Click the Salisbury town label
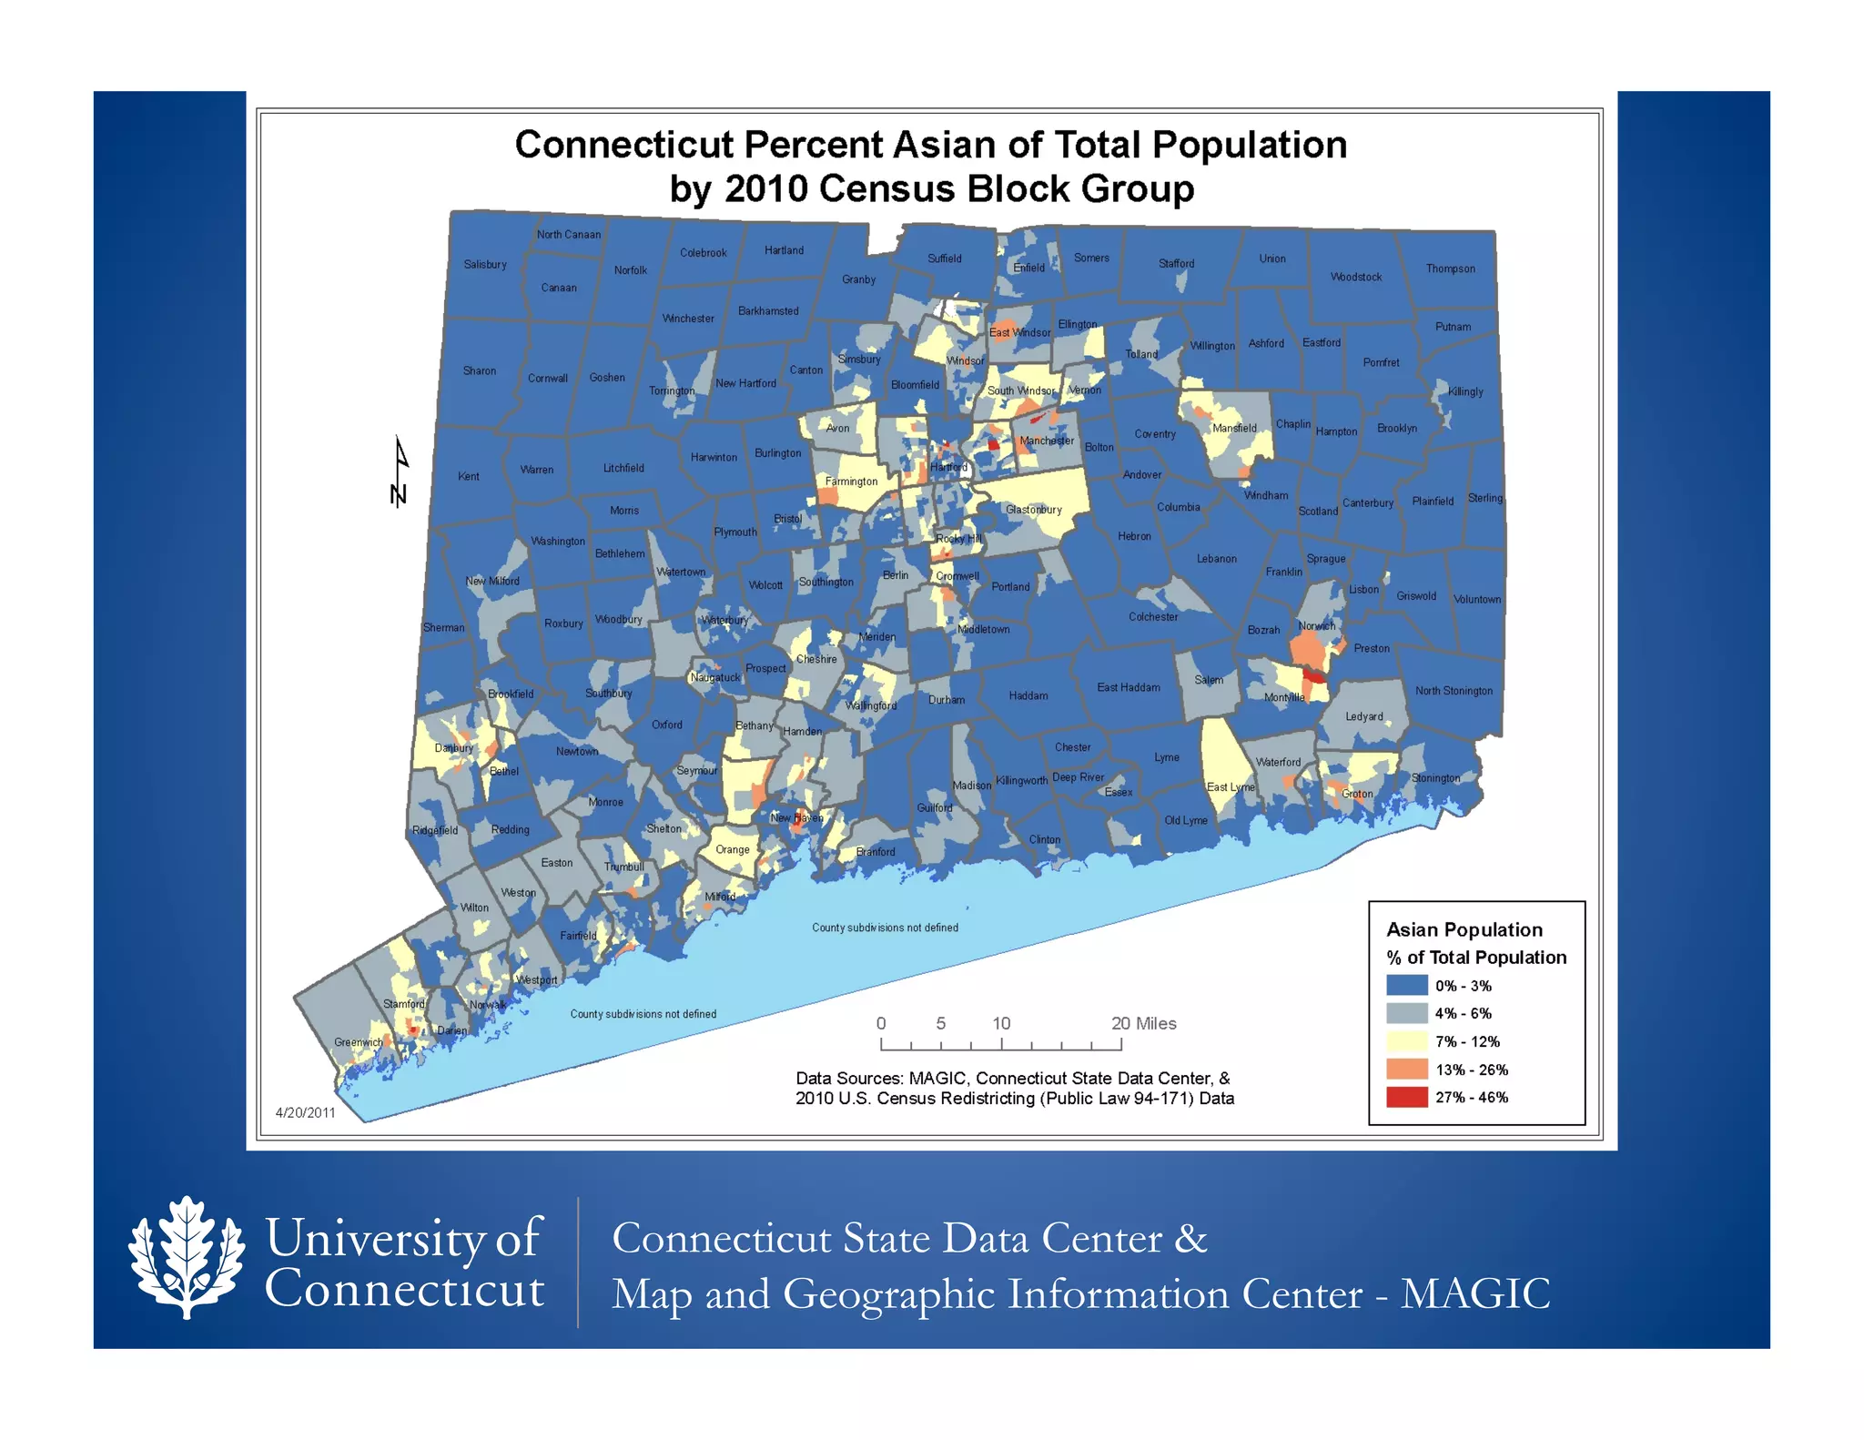tap(485, 265)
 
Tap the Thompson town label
tap(1450, 269)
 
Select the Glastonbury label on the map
tap(1034, 510)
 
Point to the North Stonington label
tap(1454, 691)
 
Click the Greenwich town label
tap(358, 1042)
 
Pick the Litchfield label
tap(623, 468)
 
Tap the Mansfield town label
tap(1234, 428)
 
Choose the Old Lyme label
tap(1186, 820)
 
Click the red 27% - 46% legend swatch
tap(1406, 1097)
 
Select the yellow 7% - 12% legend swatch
tap(1406, 1041)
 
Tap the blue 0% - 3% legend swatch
tap(1406, 986)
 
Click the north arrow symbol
tap(399, 472)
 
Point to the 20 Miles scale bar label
tap(1143, 1023)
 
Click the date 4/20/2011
tap(306, 1112)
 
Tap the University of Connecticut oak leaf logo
tap(187, 1257)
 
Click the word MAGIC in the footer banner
tap(1474, 1293)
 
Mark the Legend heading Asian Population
tap(1464, 929)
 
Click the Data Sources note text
tap(1014, 1088)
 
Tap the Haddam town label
tap(1028, 695)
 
